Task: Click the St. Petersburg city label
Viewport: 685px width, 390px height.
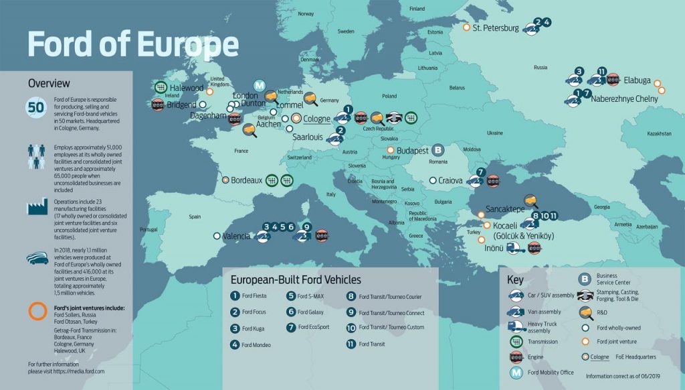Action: pos(496,28)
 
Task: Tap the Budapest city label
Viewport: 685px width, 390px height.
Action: pos(413,151)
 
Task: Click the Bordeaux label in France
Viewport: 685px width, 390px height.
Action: pos(246,180)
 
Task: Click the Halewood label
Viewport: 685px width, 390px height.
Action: pos(187,88)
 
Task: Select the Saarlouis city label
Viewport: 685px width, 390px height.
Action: pos(307,136)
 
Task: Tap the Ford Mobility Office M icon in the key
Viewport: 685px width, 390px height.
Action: pos(516,373)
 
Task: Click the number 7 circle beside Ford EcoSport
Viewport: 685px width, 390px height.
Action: pos(291,328)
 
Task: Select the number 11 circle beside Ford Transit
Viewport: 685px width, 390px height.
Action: pos(351,344)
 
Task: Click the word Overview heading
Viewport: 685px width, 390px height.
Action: pos(49,83)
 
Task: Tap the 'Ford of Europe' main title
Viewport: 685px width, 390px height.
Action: pos(132,44)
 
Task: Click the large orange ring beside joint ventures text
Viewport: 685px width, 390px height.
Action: pos(36,311)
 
